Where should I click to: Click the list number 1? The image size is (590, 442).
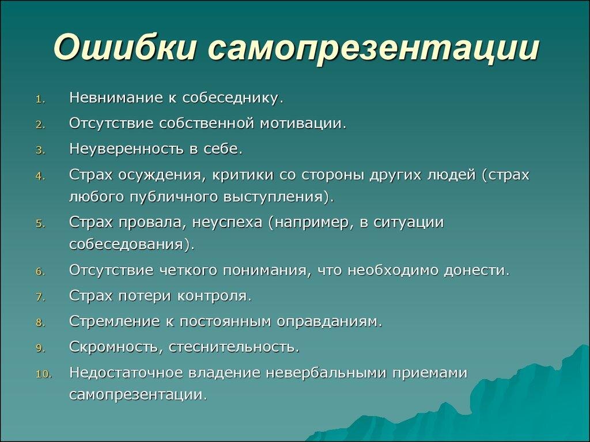coord(40,100)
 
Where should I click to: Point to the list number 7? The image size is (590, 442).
coord(40,298)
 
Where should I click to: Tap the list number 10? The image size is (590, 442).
coord(44,374)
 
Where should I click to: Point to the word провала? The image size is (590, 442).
coord(151,223)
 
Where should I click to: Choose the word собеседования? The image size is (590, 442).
coord(126,244)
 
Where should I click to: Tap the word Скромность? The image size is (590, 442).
coord(114,347)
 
